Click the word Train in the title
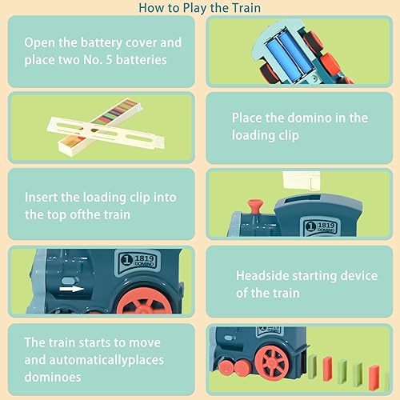244,9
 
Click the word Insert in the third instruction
41,197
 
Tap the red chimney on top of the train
254,208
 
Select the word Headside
264,275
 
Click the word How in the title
152,9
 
